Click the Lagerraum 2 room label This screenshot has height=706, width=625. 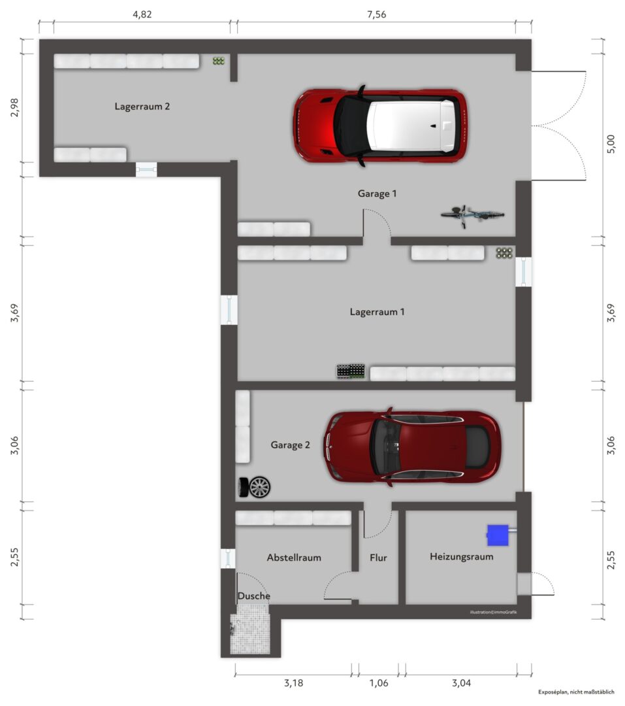pos(142,107)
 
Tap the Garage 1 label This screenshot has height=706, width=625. pos(377,193)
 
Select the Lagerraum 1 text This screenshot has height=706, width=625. pos(377,312)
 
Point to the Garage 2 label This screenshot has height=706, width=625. pos(290,445)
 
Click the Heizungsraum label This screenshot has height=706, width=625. pos(462,556)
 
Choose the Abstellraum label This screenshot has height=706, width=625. pos(294,558)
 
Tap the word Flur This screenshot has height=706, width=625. pos(378,558)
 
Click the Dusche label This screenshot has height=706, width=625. pos(254,596)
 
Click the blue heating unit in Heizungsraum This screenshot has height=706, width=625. pos(498,535)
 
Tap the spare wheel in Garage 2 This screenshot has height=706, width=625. pos(255,487)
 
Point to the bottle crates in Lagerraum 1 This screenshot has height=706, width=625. pos(351,371)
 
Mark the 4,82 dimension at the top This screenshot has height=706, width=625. pos(142,14)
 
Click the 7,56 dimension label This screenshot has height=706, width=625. pos(376,14)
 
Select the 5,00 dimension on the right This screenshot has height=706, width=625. pos(611,144)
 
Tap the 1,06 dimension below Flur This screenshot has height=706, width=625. pos(379,683)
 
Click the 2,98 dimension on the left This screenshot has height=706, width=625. pos(14,107)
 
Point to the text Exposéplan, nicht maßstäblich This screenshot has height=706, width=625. pos(576,692)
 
